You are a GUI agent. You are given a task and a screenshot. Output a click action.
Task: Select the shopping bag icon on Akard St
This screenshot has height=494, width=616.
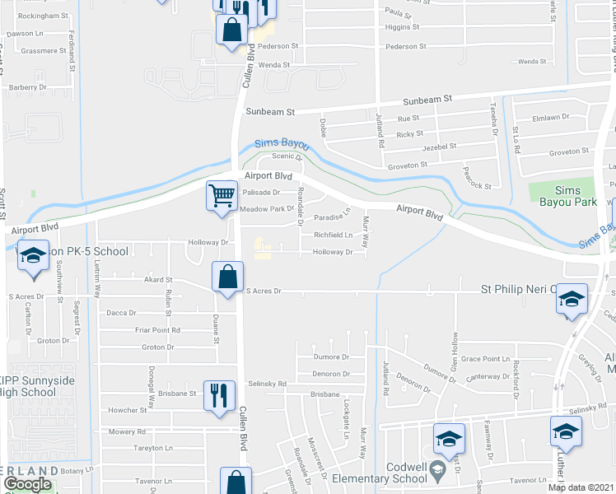(226, 277)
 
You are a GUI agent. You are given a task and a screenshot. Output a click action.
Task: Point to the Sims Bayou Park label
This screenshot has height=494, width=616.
(561, 195)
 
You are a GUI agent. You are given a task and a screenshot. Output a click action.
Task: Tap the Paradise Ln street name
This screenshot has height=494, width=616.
(333, 218)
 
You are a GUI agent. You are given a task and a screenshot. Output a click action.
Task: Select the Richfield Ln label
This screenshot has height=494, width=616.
(333, 235)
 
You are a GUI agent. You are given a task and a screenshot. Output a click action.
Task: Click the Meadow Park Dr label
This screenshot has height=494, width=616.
(267, 209)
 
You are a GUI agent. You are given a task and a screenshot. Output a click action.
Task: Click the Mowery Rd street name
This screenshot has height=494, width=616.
(128, 431)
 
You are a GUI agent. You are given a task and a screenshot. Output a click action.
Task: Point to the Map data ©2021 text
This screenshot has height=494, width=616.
(581, 487)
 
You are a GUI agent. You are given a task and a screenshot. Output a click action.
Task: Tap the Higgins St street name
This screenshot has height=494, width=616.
(403, 26)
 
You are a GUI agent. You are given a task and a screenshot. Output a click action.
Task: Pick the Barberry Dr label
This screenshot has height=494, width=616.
(28, 87)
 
